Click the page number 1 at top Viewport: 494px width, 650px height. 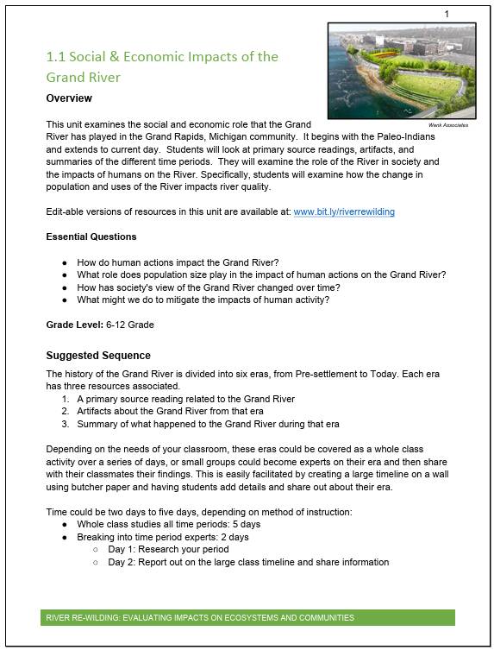pyautogui.click(x=447, y=14)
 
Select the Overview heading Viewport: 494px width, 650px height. pyautogui.click(x=69, y=98)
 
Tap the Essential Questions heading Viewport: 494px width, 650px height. pyautogui.click(x=91, y=237)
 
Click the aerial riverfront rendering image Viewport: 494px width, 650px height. pyautogui.click(x=403, y=70)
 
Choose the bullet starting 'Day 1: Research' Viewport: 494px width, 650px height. pyautogui.click(x=168, y=549)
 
